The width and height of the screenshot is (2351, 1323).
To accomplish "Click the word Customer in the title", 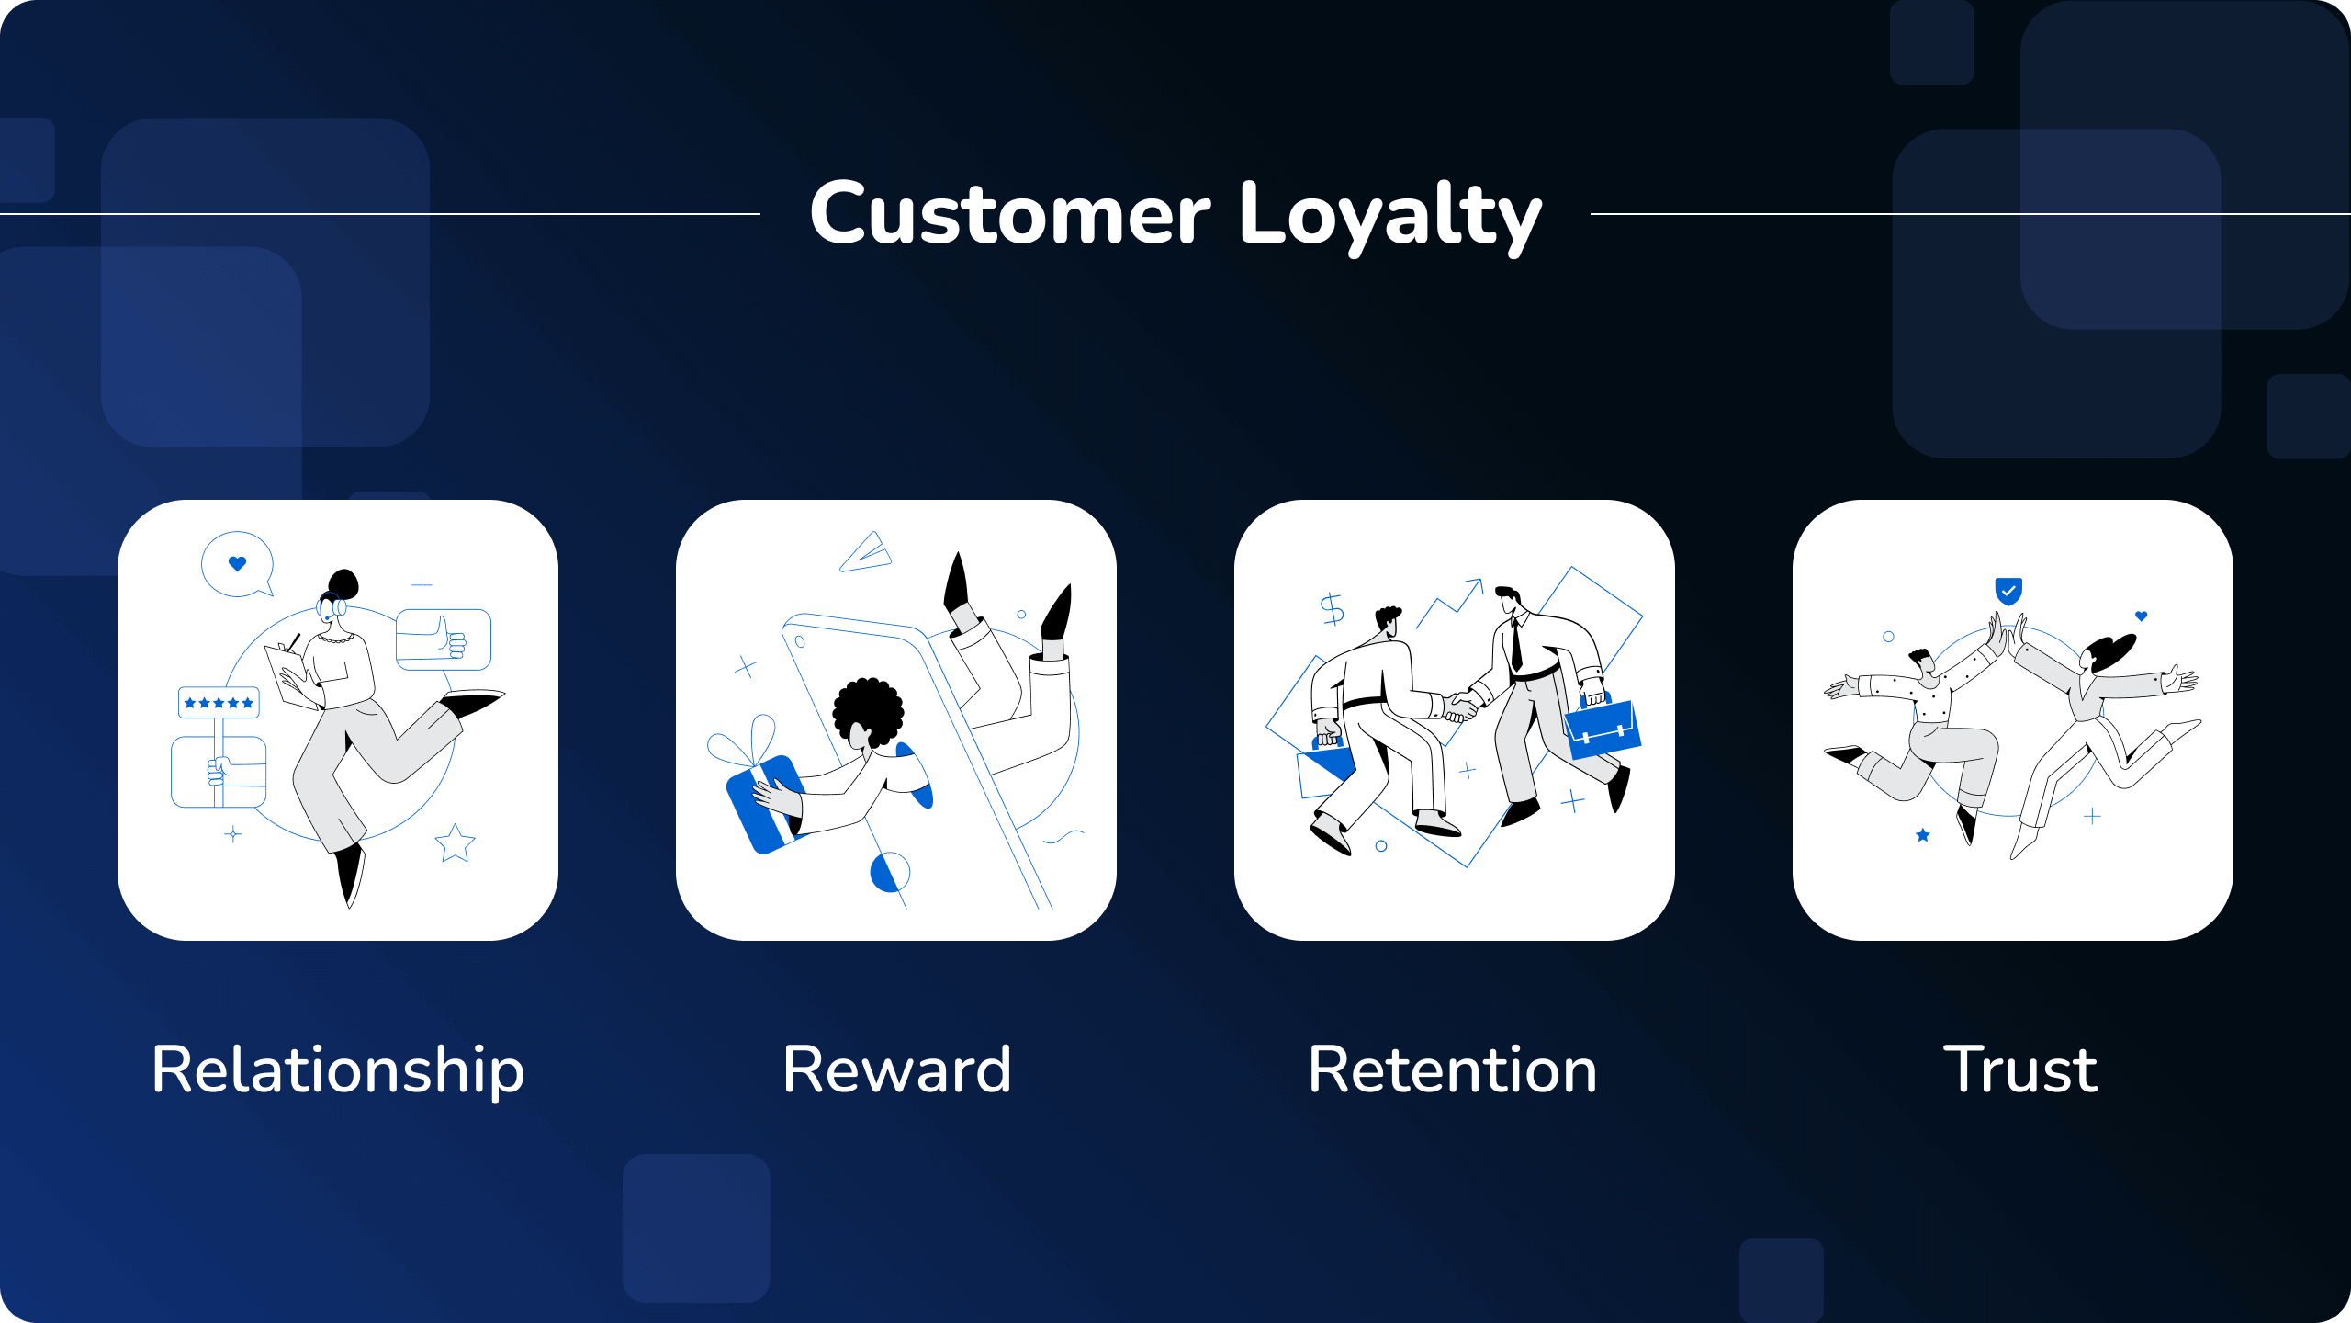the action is [x=1010, y=215].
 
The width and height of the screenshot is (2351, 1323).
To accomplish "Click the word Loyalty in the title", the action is [x=1390, y=217].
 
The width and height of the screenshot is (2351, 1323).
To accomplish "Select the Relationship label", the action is [x=338, y=1071].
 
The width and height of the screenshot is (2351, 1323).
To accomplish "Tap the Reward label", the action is [x=896, y=1069].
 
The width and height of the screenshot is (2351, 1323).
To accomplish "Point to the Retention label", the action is [x=1453, y=1069].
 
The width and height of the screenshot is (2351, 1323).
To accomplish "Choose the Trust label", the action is [x=2020, y=1069].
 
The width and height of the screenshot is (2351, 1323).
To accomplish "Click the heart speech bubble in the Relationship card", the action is [x=238, y=564].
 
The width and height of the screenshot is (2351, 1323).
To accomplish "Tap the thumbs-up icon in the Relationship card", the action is [x=444, y=639].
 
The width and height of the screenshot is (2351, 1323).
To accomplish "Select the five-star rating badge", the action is [x=219, y=703].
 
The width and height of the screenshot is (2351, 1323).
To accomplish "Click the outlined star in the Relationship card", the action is [x=455, y=842].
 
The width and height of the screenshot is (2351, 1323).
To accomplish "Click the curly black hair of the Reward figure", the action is [x=868, y=709].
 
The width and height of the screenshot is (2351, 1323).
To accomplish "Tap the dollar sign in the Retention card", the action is [x=1332, y=608].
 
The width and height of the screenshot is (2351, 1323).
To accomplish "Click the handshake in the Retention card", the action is [x=1458, y=706].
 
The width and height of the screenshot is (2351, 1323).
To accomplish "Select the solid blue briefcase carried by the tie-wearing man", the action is [x=1603, y=729].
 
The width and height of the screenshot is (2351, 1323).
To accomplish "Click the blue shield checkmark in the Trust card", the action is [x=2008, y=591].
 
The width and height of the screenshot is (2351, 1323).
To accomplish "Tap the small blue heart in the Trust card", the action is [x=2142, y=616].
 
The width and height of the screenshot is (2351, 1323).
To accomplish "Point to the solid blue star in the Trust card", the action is [x=1923, y=835].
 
